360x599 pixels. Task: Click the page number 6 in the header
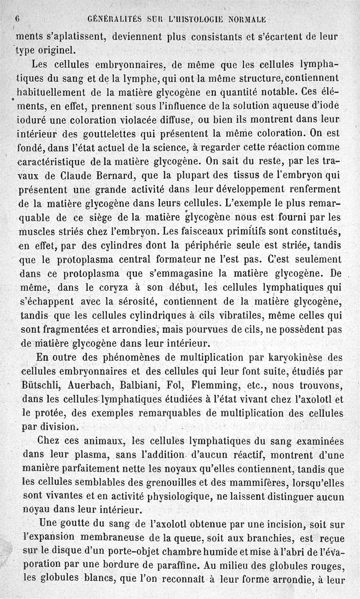[x=17, y=19]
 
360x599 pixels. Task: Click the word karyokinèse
[x=287, y=358]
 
